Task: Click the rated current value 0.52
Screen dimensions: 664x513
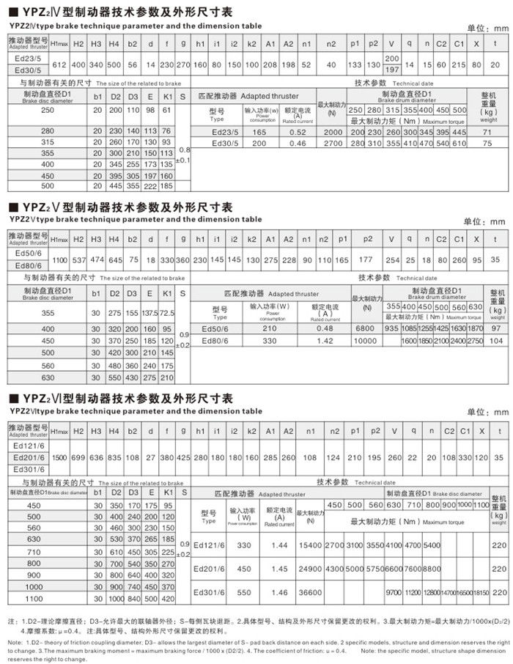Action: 298,132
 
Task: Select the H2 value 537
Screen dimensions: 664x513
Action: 79,261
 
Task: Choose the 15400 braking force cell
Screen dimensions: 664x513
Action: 311,546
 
